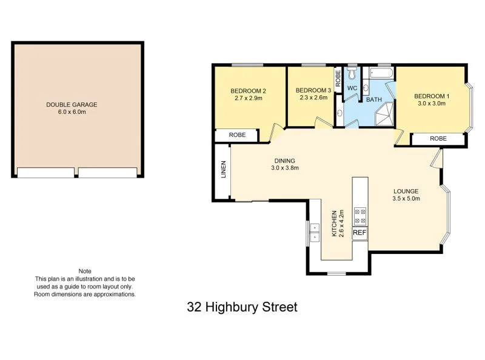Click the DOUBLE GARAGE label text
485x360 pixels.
(x=72, y=104)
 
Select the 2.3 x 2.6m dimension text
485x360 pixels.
(x=313, y=98)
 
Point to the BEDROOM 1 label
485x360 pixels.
(x=432, y=96)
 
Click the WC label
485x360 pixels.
(x=352, y=88)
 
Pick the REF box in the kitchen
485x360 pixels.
(x=360, y=233)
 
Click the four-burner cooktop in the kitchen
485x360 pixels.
(x=360, y=216)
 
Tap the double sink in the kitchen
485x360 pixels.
(x=314, y=232)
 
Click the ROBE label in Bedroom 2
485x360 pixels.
(x=237, y=135)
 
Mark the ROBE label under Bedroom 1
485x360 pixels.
(x=438, y=139)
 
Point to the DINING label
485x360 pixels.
(x=284, y=161)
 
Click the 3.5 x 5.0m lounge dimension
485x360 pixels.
(x=406, y=198)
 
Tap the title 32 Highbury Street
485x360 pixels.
(x=242, y=307)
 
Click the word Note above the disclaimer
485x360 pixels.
(x=85, y=271)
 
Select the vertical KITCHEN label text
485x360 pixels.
(x=333, y=224)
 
